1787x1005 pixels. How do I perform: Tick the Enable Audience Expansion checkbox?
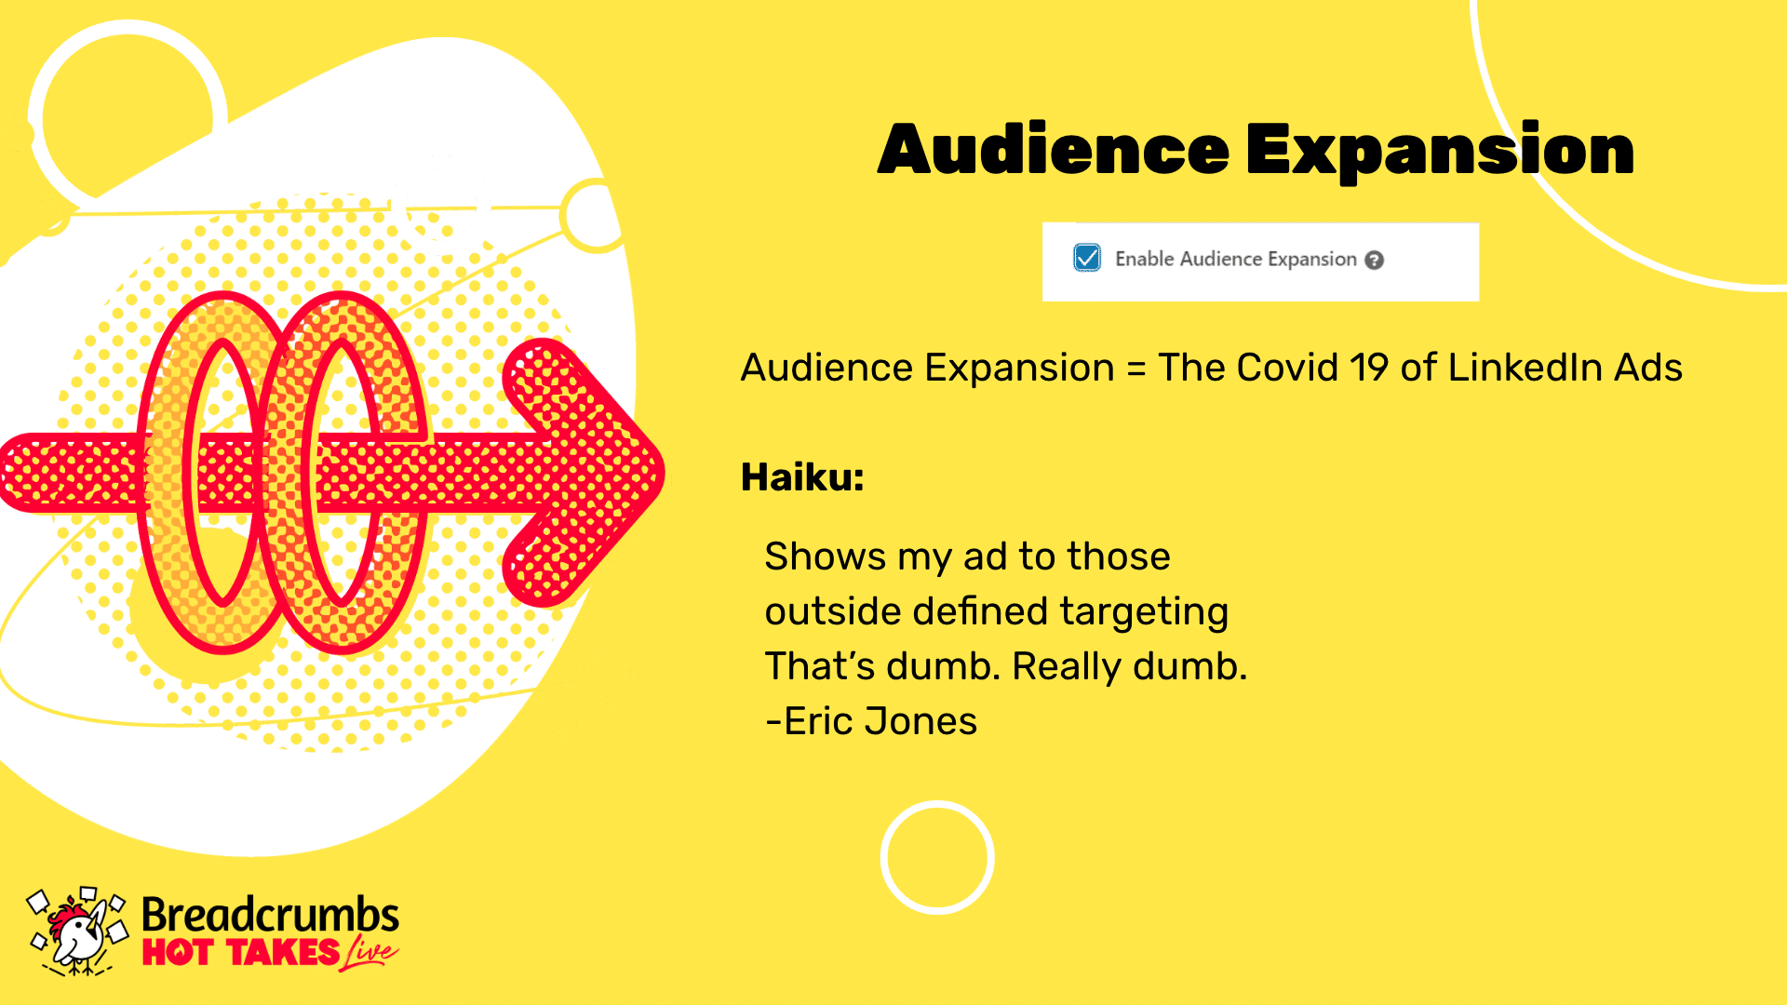tap(1086, 258)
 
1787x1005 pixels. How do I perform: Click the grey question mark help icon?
tap(1374, 261)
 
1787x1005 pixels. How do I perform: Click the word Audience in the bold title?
tap(1054, 150)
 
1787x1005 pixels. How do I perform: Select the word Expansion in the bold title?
tap(1440, 152)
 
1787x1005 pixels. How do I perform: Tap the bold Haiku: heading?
tap(802, 477)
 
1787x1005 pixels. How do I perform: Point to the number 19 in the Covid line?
tap(1370, 368)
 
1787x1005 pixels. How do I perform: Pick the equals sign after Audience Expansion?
tap(1135, 369)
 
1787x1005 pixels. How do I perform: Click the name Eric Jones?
tap(880, 721)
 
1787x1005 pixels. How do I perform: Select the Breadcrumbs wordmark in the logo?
tap(270, 915)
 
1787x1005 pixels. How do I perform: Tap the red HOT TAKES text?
tap(241, 953)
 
